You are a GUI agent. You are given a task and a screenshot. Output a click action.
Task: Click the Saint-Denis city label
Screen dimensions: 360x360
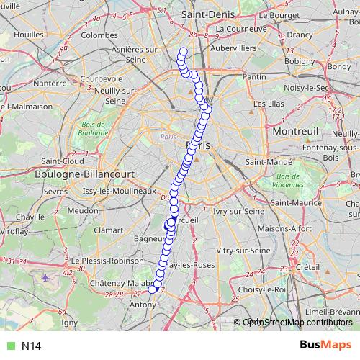[x=205, y=14]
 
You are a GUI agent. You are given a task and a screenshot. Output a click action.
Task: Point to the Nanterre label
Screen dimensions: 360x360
[x=50, y=83]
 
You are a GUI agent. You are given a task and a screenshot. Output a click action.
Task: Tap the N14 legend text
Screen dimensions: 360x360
[x=31, y=346]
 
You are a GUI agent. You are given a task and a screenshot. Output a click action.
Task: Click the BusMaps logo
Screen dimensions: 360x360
[x=325, y=346]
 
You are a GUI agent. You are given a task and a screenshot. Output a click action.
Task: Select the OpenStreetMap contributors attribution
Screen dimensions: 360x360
[x=297, y=323]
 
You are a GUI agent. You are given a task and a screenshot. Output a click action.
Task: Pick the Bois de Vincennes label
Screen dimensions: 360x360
[x=291, y=181]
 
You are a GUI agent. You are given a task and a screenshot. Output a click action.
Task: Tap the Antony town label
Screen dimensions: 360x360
[x=141, y=305]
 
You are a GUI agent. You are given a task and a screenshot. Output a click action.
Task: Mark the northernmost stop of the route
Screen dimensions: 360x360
[x=183, y=51]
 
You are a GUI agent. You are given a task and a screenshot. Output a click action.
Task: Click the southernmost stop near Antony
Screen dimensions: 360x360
[x=152, y=289]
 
